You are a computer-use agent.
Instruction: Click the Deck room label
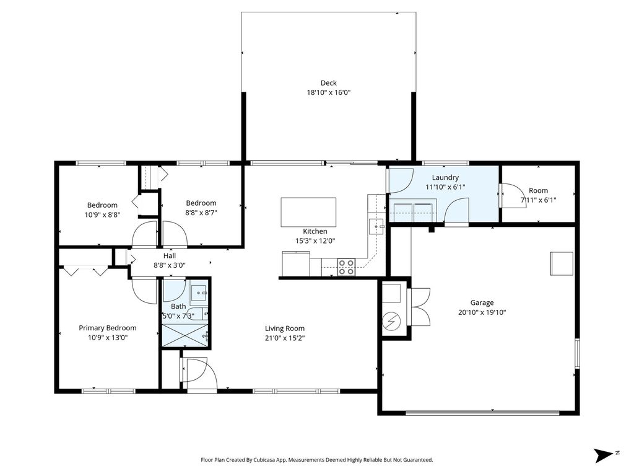(328, 83)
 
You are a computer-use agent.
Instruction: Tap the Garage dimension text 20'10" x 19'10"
(482, 312)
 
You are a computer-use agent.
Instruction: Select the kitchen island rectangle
(308, 212)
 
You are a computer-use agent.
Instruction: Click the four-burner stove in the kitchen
(346, 267)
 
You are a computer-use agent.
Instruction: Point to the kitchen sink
(376, 227)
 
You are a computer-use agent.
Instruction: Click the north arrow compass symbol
(603, 456)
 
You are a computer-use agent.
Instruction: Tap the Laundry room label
(445, 177)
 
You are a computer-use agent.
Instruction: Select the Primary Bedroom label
(108, 328)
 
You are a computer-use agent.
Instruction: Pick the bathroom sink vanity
(199, 293)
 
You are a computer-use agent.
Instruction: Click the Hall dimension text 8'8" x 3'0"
(170, 265)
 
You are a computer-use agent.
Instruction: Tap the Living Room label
(285, 328)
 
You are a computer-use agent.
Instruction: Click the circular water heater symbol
(391, 322)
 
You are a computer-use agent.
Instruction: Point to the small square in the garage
(562, 263)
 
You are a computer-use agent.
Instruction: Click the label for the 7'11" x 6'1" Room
(538, 190)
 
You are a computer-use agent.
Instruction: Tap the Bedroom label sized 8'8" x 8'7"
(201, 203)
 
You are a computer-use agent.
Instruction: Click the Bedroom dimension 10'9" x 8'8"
(102, 214)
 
